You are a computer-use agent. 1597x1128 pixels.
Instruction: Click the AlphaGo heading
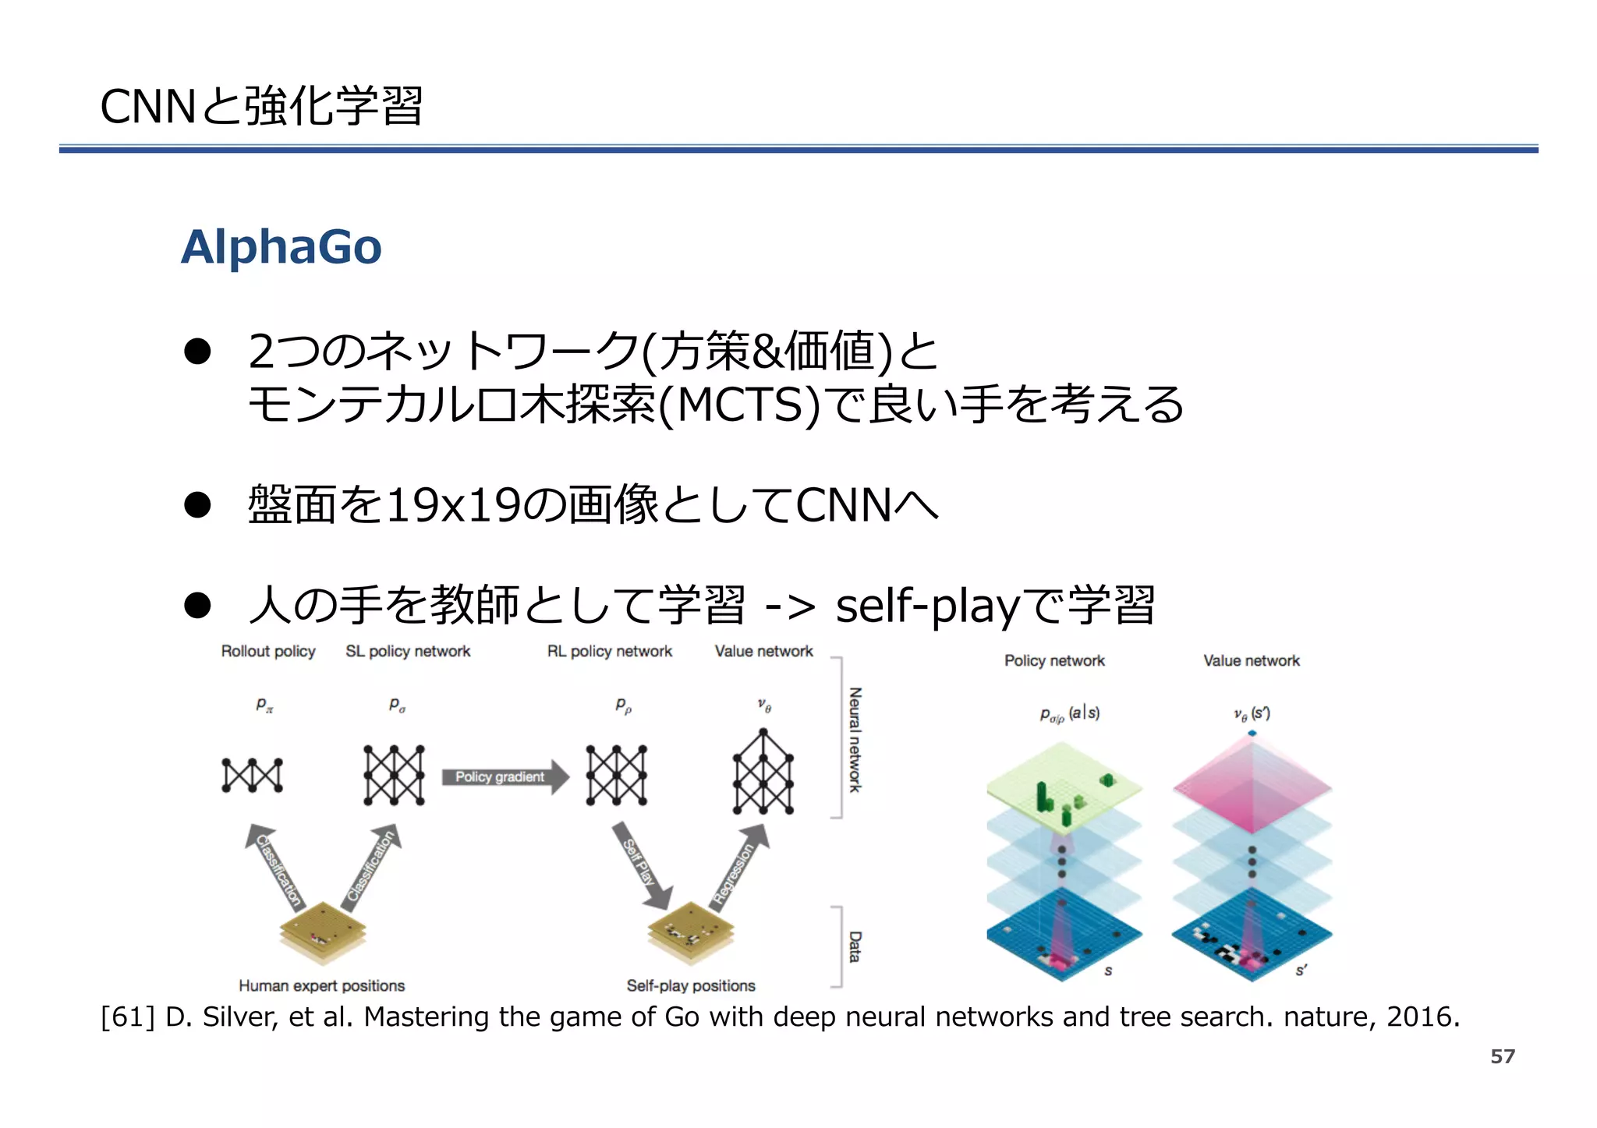[x=282, y=247]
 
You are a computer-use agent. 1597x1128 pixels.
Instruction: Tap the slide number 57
[x=1502, y=1056]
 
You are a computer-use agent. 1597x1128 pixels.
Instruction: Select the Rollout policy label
[x=268, y=651]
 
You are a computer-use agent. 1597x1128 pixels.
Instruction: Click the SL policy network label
[x=408, y=651]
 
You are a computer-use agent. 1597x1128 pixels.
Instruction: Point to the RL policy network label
[x=609, y=651]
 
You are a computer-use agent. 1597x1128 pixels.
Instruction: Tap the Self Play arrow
[x=641, y=865]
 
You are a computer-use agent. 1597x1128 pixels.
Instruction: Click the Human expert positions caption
[x=321, y=985]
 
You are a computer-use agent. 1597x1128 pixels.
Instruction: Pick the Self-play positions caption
[x=691, y=985]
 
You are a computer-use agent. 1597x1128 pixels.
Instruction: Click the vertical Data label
[x=855, y=946]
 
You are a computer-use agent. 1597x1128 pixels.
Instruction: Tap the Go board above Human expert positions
[x=323, y=931]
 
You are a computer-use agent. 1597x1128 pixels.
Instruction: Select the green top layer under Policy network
[x=1064, y=787]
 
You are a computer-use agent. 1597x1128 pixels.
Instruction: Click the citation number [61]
[x=128, y=1017]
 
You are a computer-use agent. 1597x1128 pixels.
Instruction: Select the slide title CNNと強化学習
[x=262, y=106]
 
